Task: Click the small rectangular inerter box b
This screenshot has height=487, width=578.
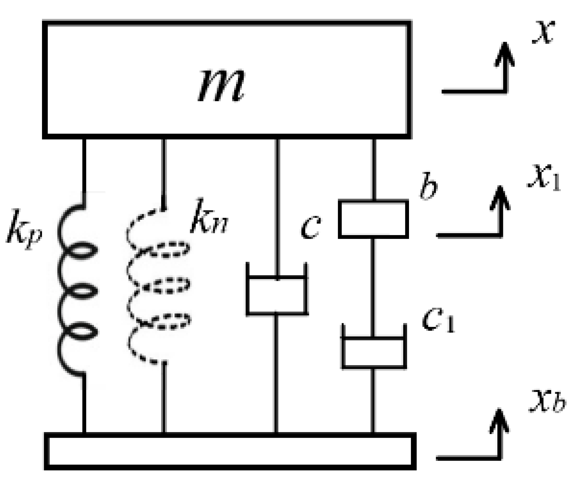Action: pyautogui.click(x=373, y=219)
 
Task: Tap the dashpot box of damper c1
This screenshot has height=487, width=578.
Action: pyautogui.click(x=373, y=352)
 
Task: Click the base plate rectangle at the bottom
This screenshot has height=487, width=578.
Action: pyautogui.click(x=230, y=451)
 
